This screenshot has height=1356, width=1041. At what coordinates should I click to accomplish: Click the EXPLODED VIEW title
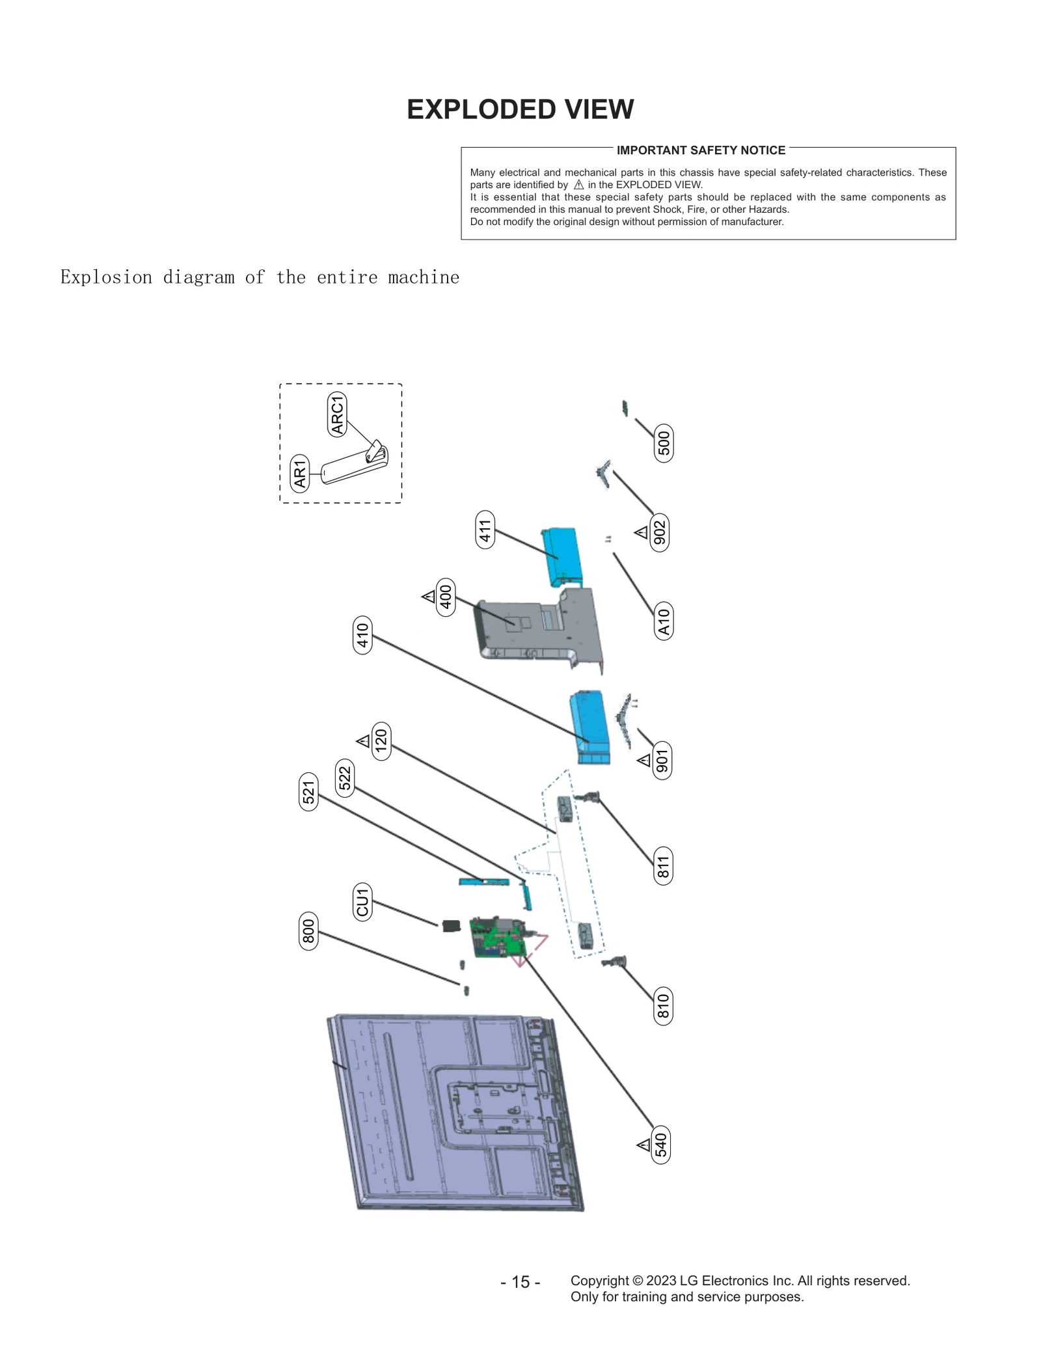coord(520,109)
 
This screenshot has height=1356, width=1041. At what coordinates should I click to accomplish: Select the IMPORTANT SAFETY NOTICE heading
coord(701,150)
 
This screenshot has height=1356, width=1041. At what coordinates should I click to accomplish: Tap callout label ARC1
coord(337,414)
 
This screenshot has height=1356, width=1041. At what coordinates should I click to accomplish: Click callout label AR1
coord(299,474)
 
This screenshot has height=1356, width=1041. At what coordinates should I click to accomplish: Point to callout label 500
coord(663,443)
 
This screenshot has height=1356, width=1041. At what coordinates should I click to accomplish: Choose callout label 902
coord(660,532)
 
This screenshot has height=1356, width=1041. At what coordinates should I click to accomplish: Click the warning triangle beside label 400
coord(428,596)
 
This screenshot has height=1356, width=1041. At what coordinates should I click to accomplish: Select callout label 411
coord(485,530)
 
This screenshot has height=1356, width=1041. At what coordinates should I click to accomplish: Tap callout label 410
coord(362,634)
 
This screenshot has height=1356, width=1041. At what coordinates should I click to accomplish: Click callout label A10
coord(663,621)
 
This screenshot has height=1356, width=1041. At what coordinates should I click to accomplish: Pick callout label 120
coord(381,741)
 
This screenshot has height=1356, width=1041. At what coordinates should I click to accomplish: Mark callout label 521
coord(308,792)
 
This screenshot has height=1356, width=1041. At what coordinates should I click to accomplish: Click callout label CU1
coord(362,901)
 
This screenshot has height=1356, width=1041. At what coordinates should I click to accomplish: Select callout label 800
coord(308,930)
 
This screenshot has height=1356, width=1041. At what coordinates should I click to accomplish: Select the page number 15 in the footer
coord(520,1282)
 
